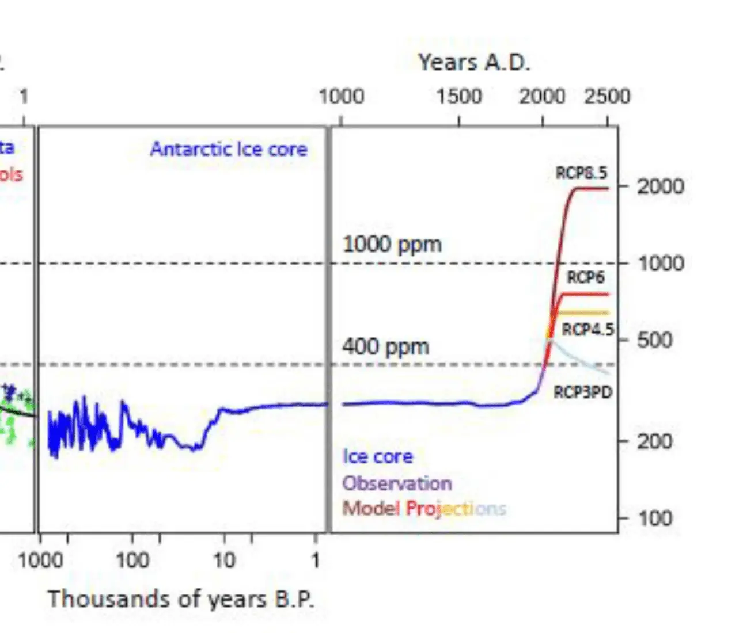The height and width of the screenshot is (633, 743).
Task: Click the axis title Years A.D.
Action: tap(473, 62)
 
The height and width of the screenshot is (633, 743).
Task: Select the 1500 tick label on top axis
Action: tap(458, 96)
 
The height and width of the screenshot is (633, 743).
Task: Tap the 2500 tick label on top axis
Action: tap(607, 96)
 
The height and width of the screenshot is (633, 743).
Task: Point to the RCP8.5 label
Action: tap(581, 173)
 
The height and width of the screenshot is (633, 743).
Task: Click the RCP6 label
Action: tap(586, 277)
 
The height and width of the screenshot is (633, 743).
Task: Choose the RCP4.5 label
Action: tap(587, 330)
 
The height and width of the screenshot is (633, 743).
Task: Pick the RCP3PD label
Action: tap(583, 392)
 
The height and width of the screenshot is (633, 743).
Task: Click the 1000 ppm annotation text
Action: tap(392, 245)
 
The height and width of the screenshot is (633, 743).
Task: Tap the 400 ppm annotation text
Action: tap(385, 347)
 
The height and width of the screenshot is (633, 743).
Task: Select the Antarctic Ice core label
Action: tap(229, 150)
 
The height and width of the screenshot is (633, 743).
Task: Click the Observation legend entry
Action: tap(397, 483)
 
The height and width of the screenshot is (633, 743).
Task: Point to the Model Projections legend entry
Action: tap(424, 509)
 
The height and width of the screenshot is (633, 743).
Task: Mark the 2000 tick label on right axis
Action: tap(660, 186)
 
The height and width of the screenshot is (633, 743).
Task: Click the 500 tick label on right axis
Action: tap(654, 340)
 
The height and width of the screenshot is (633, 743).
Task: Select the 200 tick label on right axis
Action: tap(654, 441)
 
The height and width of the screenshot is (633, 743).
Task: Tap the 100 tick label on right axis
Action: tap(655, 518)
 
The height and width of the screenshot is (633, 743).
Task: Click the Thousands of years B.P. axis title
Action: tap(181, 599)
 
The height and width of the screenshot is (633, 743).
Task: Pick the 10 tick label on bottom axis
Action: tap(224, 560)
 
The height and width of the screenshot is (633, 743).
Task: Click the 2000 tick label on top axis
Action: tap(542, 96)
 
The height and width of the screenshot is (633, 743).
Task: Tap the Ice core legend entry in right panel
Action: tap(378, 456)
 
